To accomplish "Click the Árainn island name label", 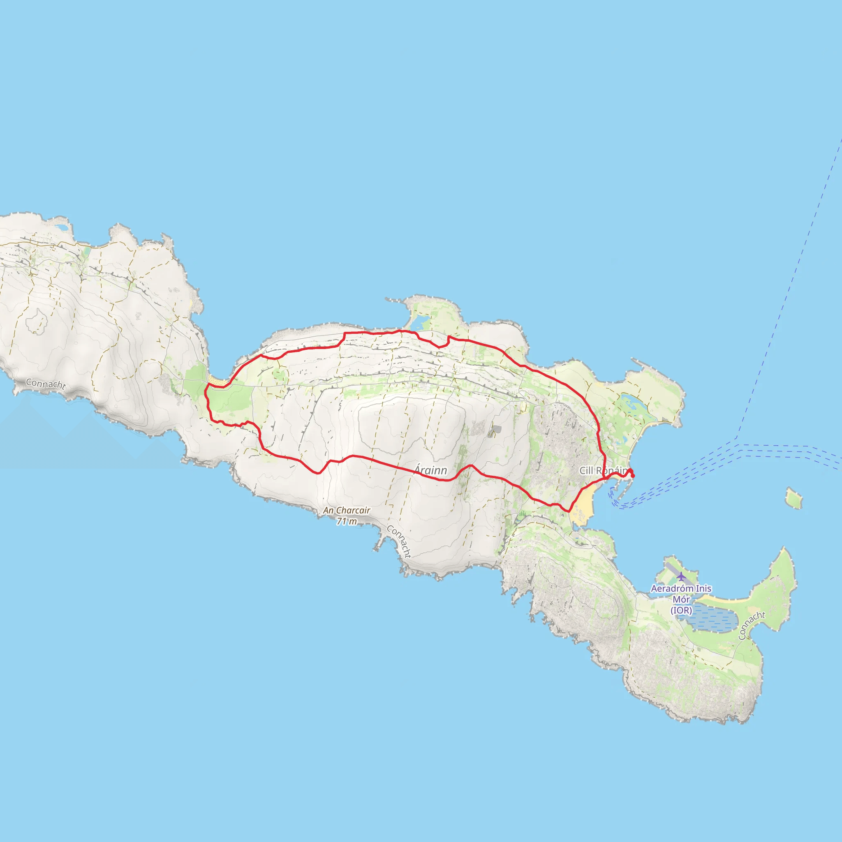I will pyautogui.click(x=430, y=470).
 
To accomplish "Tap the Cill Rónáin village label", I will pyautogui.click(x=603, y=470).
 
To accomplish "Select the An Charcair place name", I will pyautogui.click(x=347, y=510).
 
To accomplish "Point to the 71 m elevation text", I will pyautogui.click(x=347, y=521).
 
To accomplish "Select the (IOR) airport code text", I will pyautogui.click(x=681, y=611).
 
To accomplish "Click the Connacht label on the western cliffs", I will pyautogui.click(x=46, y=384).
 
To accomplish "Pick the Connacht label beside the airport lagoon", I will pyautogui.click(x=752, y=626).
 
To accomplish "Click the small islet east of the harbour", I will pyautogui.click(x=794, y=499).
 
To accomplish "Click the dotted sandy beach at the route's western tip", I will pyautogui.click(x=217, y=382).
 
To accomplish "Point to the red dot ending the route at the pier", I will pyautogui.click(x=633, y=476).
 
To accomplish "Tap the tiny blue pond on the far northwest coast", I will pyautogui.click(x=62, y=227).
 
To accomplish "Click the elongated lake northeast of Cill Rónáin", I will pyautogui.click(x=634, y=404).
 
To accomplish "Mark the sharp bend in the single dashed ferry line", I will pyautogui.click(x=736, y=437).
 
